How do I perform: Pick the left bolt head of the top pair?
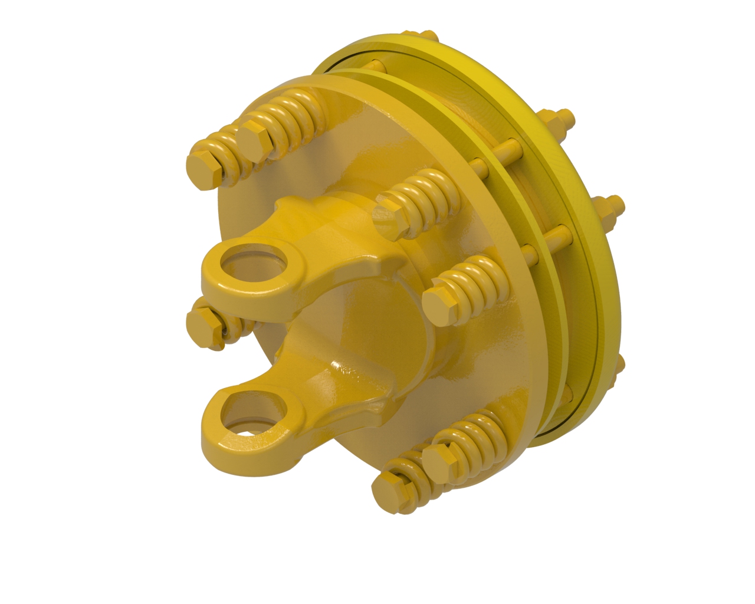(204, 169)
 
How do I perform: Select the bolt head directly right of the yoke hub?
(440, 304)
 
